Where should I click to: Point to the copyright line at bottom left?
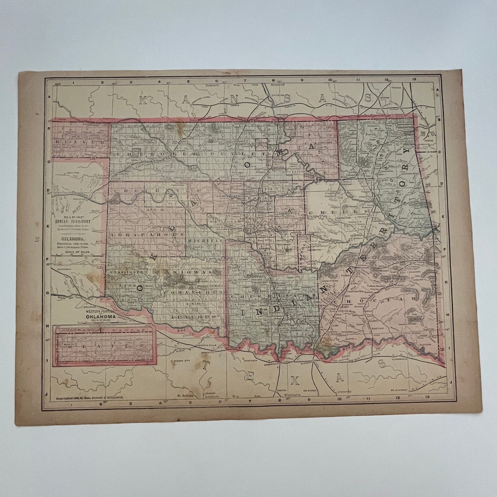click(91, 397)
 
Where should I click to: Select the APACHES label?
click(193, 315)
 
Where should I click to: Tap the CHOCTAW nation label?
click(378, 299)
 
